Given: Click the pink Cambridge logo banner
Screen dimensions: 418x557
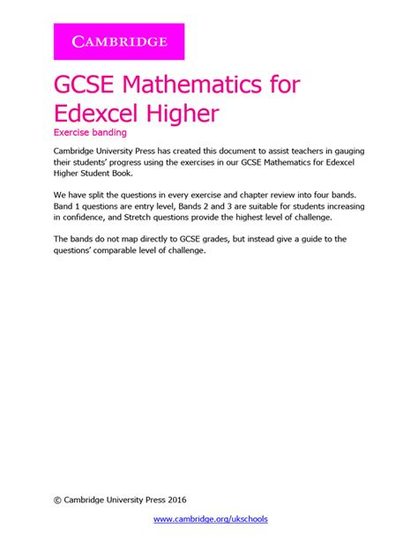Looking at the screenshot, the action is pos(120,41).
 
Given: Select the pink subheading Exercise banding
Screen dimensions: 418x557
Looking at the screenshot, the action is pos(92,133).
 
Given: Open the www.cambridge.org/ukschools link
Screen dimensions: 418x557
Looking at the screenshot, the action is pos(211,519).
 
